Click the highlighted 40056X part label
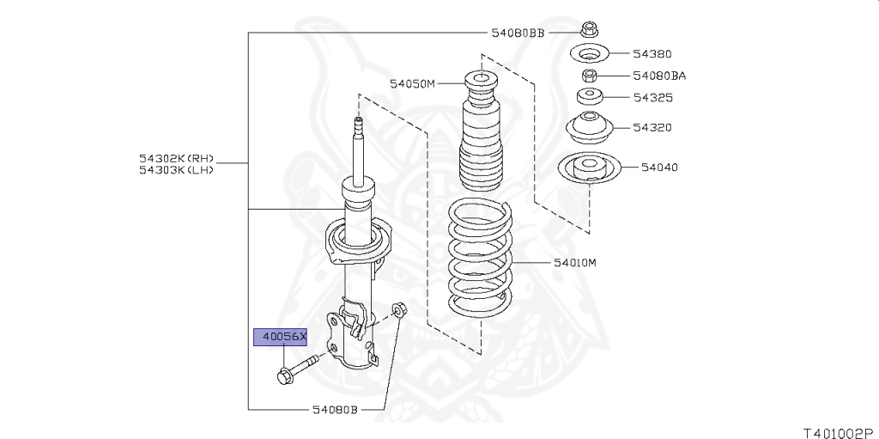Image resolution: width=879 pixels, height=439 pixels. [x=281, y=337]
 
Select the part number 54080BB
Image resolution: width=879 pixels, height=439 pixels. [x=518, y=33]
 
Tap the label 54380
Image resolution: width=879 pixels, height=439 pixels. [x=652, y=54]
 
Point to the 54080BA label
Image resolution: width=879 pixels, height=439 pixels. [x=659, y=76]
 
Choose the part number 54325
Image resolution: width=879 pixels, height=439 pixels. [x=653, y=98]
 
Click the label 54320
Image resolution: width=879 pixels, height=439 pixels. [x=652, y=127]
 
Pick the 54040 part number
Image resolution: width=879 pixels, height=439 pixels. [x=659, y=168]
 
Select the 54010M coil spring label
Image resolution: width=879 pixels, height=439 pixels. [x=575, y=262]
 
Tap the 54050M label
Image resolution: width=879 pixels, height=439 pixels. [x=413, y=84]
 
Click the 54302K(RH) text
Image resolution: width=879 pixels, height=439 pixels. [x=177, y=159]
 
